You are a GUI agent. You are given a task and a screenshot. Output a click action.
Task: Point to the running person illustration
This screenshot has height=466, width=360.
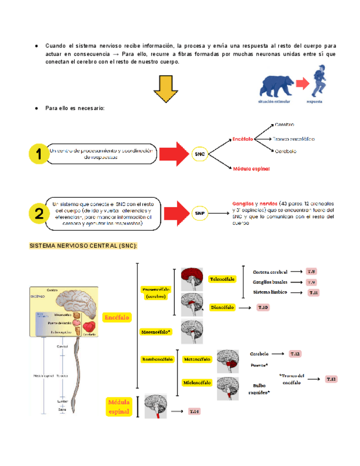click(317, 82)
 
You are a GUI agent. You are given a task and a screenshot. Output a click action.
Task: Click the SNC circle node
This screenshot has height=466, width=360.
click(200, 155)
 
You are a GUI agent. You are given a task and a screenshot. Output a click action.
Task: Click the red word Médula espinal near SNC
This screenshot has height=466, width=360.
click(251, 169)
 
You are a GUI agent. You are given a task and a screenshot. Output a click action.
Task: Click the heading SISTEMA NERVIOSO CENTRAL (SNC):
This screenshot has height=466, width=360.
click(83, 246)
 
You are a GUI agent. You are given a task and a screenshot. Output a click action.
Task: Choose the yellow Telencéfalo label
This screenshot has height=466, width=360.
click(222, 279)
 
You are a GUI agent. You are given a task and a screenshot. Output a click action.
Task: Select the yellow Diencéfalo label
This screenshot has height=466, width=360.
click(223, 307)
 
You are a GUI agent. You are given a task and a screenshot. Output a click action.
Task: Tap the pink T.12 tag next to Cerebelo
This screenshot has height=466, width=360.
click(295, 354)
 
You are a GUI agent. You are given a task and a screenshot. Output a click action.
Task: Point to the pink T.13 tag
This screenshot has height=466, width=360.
click(331, 379)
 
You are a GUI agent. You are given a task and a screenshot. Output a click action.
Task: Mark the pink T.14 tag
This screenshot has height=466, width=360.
click(195, 411)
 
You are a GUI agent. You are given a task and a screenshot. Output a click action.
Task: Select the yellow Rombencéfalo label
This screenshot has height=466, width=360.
click(158, 359)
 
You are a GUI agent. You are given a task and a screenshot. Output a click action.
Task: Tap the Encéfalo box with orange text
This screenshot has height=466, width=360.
click(117, 318)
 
